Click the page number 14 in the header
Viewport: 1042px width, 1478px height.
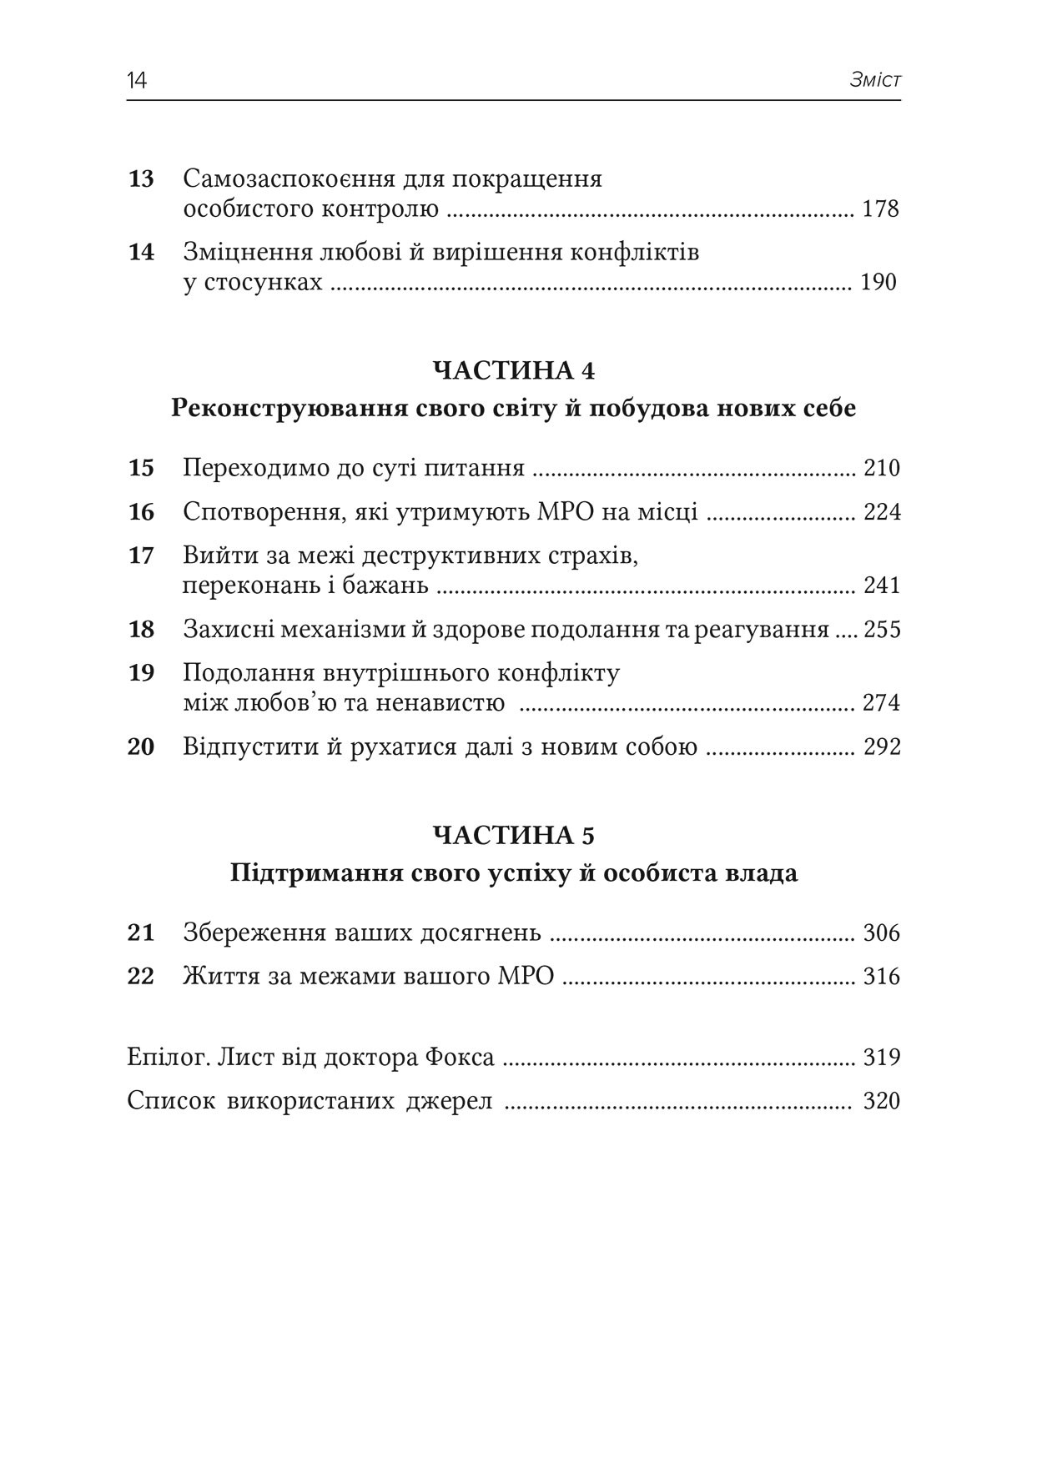point(137,81)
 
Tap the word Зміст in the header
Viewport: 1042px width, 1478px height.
point(875,81)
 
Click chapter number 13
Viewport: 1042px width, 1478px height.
point(141,179)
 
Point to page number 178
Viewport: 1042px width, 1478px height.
point(880,209)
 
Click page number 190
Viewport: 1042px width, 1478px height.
point(878,282)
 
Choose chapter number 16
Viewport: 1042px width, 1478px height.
point(141,512)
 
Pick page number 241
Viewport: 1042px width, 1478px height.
point(882,586)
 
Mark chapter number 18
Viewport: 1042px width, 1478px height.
point(141,630)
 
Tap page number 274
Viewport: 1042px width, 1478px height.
point(882,703)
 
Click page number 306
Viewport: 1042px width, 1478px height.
point(882,933)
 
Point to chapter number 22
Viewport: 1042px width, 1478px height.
point(141,977)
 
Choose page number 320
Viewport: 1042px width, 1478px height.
point(882,1102)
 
